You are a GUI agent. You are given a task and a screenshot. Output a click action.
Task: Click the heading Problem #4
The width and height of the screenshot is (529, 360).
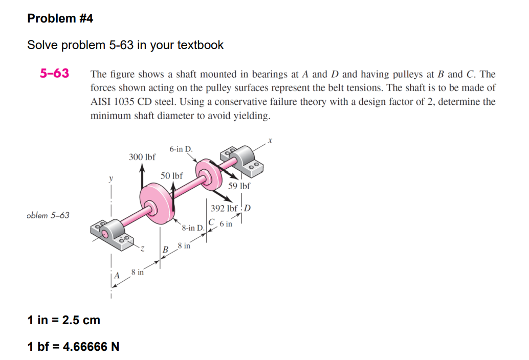(x=60, y=18)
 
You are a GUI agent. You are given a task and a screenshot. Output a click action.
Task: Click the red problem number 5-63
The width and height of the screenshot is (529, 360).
(x=54, y=73)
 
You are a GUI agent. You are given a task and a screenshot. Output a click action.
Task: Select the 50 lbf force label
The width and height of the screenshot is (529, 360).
(x=172, y=175)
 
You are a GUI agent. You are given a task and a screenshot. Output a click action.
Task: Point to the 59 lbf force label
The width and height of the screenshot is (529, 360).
(x=239, y=186)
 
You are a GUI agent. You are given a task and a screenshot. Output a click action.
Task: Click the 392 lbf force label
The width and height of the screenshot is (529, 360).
(x=224, y=209)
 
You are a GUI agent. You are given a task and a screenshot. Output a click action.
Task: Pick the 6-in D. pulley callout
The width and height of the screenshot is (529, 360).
(x=181, y=149)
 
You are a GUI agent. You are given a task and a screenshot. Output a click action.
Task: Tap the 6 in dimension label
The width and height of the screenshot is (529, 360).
(x=226, y=224)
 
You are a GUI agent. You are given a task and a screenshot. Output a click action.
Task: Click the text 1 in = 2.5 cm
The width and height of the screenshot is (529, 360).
(x=63, y=320)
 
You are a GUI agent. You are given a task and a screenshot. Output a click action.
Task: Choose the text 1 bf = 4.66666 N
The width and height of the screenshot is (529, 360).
(x=73, y=347)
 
